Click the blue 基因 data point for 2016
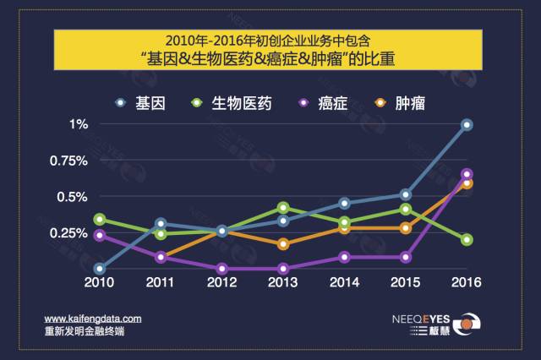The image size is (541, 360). point(467,124)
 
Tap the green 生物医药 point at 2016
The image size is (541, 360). point(467,240)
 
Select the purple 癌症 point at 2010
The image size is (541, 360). point(100,236)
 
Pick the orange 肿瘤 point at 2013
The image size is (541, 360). point(283,244)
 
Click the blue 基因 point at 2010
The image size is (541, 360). point(100,269)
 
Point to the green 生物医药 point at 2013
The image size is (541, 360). point(283,207)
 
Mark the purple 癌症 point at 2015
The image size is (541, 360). point(406,257)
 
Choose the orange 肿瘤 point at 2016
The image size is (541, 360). point(467,183)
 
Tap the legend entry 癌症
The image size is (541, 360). point(330,103)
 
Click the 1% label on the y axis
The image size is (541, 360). point(79,124)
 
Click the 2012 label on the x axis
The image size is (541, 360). point(221,281)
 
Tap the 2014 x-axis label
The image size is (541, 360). point(344,281)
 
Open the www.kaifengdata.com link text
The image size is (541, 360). point(93,319)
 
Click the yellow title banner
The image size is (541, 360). point(270,51)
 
